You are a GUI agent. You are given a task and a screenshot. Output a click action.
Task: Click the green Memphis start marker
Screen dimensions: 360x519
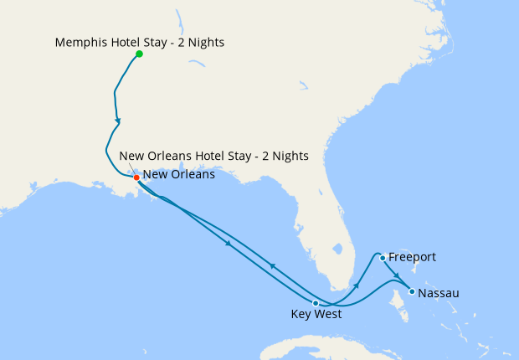139,54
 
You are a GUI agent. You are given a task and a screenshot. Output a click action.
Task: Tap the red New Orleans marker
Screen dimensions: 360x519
136,177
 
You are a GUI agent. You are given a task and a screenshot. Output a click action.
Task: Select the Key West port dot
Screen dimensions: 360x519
315,303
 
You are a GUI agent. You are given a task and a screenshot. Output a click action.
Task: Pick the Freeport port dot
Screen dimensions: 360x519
382,258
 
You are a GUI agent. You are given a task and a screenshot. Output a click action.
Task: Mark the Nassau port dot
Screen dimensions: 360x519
411,292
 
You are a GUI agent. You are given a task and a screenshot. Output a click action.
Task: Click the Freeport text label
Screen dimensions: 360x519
412,257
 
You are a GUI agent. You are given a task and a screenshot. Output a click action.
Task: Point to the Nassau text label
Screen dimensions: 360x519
438,293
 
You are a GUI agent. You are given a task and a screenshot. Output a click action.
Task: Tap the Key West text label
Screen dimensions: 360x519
316,316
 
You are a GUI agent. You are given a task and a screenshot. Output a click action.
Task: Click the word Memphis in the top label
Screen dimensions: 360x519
82,41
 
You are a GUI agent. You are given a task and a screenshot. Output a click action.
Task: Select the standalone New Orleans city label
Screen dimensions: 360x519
179,176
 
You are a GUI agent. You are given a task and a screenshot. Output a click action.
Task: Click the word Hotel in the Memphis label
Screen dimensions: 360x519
130,41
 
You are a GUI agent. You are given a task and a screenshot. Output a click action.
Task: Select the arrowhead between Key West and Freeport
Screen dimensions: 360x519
357,286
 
